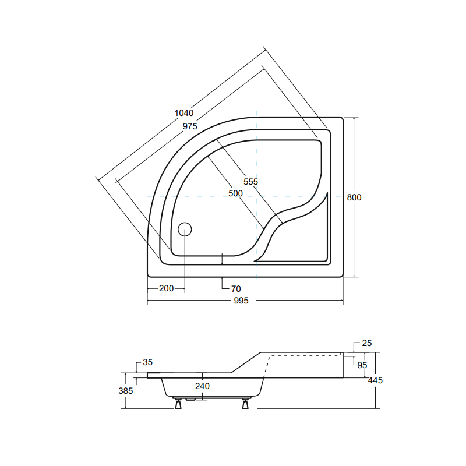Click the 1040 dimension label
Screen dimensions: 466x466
tap(183, 113)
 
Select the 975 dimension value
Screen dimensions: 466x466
tap(189, 126)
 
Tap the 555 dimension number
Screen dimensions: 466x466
tap(250, 182)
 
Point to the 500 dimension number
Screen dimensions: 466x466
tap(235, 193)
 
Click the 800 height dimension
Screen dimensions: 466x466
tap(354, 197)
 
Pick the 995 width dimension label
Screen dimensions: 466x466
tap(241, 301)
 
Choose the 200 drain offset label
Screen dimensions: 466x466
tap(166, 288)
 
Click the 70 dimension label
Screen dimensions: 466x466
tap(236, 288)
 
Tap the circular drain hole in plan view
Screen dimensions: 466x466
tap(185, 229)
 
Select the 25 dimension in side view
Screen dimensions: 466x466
tap(366, 343)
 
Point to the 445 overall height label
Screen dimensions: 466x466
tap(375, 380)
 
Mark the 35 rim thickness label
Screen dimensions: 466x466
tap(147, 362)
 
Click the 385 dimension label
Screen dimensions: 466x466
tap(125, 391)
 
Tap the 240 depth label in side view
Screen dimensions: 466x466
tap(202, 386)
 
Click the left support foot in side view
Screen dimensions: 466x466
tap(178, 403)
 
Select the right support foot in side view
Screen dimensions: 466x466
tap(246, 403)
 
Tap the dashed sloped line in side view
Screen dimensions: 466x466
tap(267, 367)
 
